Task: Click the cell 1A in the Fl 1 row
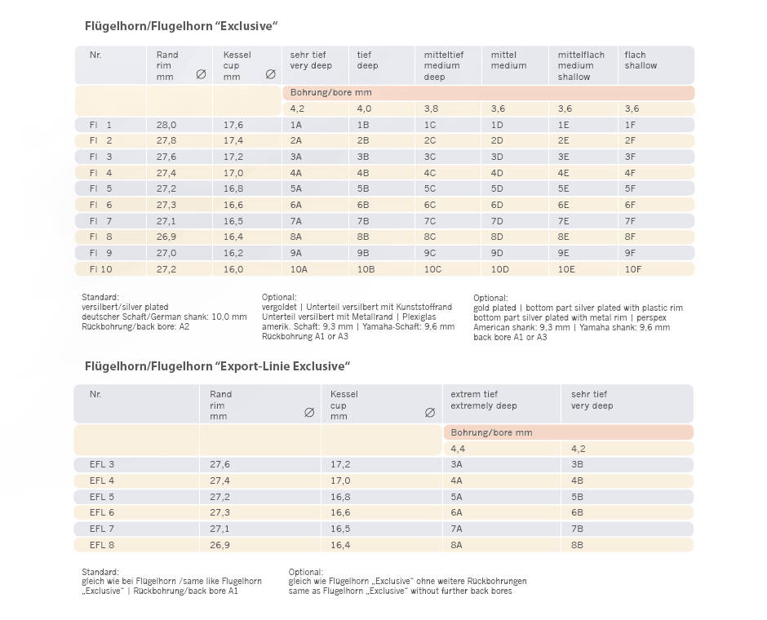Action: (x=296, y=125)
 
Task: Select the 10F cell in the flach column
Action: (x=633, y=269)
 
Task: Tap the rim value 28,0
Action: (x=166, y=125)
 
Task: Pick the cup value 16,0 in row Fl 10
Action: (x=233, y=269)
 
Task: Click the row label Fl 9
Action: (x=100, y=253)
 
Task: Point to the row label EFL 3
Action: (x=102, y=464)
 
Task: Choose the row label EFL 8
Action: (x=102, y=544)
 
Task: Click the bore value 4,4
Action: (x=458, y=449)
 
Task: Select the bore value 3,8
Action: (x=431, y=108)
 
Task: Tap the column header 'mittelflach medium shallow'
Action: (x=581, y=65)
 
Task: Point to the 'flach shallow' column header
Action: (x=641, y=60)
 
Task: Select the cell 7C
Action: (x=430, y=221)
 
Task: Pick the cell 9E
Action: (x=564, y=253)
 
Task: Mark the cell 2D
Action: (x=497, y=141)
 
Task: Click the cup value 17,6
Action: (x=233, y=125)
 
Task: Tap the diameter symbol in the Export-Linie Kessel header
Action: (x=430, y=413)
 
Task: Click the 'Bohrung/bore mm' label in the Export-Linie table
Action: (x=491, y=432)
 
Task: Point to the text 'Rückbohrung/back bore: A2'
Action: (x=135, y=325)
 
